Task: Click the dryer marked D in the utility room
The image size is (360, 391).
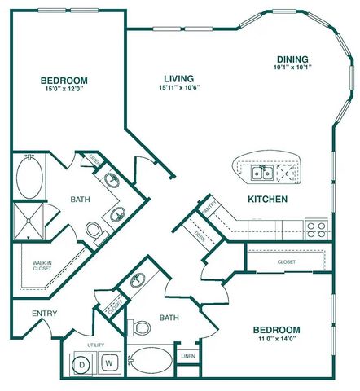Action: pos(84,363)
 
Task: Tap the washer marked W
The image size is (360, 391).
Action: pos(108,363)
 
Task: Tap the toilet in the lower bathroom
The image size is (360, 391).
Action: pos(141,327)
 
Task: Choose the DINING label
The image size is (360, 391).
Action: pos(291,59)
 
